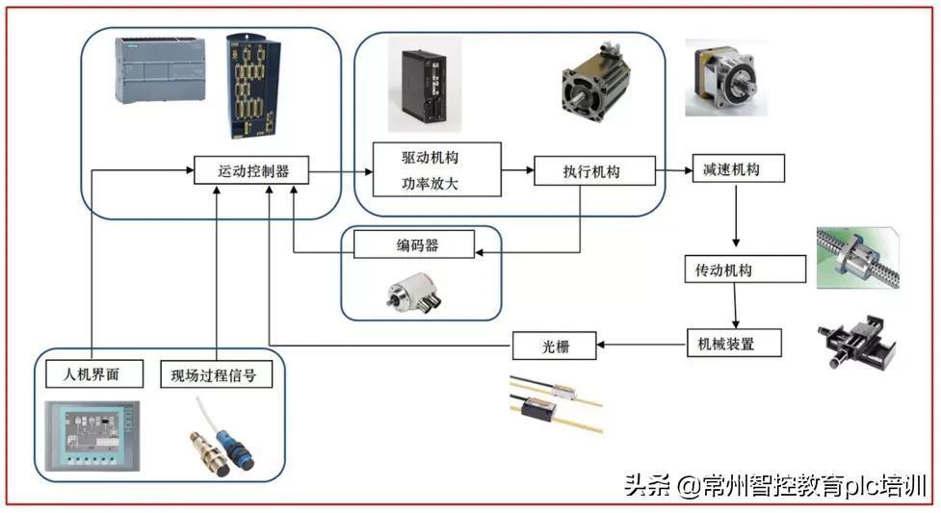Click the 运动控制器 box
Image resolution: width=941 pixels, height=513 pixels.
[x=251, y=170]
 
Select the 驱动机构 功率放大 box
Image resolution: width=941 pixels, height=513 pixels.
[x=437, y=169]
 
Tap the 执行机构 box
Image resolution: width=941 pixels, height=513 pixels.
[x=594, y=171]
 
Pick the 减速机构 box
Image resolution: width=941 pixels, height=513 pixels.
[x=738, y=168]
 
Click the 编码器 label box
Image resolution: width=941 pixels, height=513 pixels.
[x=414, y=244]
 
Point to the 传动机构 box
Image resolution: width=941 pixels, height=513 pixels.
[x=745, y=269]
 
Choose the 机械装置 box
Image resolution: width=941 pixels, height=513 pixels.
[x=734, y=344]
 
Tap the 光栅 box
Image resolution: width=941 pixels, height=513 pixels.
[x=555, y=346]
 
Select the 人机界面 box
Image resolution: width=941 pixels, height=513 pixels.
[x=94, y=373]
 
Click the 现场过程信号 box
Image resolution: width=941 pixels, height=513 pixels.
[x=217, y=374]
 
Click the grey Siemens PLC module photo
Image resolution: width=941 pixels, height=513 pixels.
[x=160, y=70]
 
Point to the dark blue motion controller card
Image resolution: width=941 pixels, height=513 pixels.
[x=252, y=86]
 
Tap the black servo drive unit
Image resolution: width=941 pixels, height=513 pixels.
[x=425, y=87]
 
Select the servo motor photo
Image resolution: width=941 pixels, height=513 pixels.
[x=595, y=82]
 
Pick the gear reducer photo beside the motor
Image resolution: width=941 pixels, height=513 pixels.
[x=727, y=79]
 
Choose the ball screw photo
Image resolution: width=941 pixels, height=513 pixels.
[x=858, y=257]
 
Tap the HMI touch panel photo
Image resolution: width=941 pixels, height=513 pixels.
[x=93, y=436]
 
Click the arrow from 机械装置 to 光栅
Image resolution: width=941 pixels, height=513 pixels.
[x=641, y=345]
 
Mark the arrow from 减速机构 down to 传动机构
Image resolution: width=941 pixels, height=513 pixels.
[x=737, y=216]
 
